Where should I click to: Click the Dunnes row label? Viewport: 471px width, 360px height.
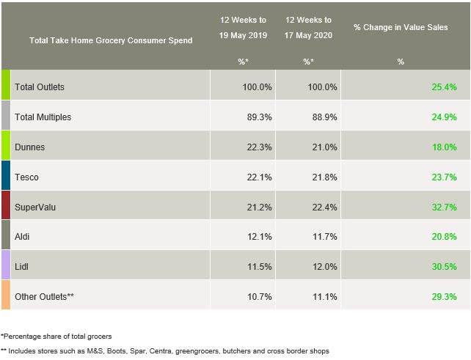(x=29, y=147)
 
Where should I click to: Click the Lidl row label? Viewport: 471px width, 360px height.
(x=22, y=268)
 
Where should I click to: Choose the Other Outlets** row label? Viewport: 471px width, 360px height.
(x=44, y=297)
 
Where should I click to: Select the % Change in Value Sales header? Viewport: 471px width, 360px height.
(x=401, y=27)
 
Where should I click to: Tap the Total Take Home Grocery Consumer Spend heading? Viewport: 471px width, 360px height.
(x=111, y=41)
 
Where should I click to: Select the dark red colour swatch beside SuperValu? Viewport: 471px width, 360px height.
(x=6, y=207)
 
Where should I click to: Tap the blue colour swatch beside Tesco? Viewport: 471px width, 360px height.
(x=6, y=177)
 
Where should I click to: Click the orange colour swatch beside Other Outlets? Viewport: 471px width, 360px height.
(x=6, y=297)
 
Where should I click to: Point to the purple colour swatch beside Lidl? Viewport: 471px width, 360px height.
(x=6, y=268)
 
